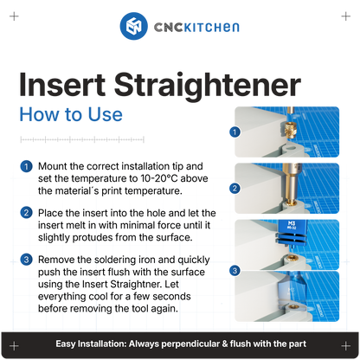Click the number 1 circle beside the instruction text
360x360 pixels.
[28, 166]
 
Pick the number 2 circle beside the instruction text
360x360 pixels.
[28, 213]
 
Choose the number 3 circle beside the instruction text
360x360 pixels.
[28, 260]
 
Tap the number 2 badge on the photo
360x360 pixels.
[235, 188]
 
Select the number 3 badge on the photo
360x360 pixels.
[235, 270]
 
